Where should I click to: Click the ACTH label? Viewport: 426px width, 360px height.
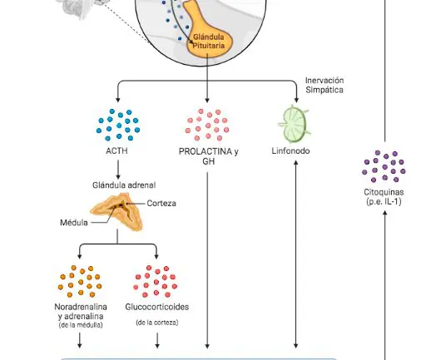(x=116, y=151)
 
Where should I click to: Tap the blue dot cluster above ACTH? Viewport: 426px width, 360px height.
(x=118, y=125)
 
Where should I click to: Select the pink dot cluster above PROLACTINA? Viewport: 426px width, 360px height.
(x=207, y=125)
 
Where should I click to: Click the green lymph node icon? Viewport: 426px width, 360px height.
(x=294, y=124)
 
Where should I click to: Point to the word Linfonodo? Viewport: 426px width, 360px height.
(x=290, y=151)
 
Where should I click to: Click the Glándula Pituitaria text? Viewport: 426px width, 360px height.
(x=209, y=42)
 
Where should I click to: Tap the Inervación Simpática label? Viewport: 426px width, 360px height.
(x=324, y=85)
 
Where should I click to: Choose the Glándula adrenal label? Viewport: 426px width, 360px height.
(x=124, y=185)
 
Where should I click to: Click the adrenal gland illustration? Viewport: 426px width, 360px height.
(x=117, y=211)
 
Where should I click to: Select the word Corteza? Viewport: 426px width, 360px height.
(x=161, y=204)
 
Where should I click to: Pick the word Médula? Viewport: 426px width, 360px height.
(x=74, y=223)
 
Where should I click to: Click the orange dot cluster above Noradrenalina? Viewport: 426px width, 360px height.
(x=80, y=281)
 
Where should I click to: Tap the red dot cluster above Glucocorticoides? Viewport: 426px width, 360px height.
(x=156, y=281)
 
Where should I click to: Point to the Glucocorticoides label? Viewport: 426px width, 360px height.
(x=157, y=307)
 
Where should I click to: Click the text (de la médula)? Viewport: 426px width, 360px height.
(x=81, y=325)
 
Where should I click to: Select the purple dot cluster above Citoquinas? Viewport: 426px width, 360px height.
(x=384, y=166)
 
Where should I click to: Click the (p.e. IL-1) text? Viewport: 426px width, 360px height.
(x=384, y=201)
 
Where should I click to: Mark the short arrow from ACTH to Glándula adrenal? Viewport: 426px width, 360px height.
(x=118, y=170)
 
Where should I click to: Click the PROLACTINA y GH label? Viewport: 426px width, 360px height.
(x=209, y=156)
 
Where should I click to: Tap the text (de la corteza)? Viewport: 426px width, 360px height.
(x=157, y=323)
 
